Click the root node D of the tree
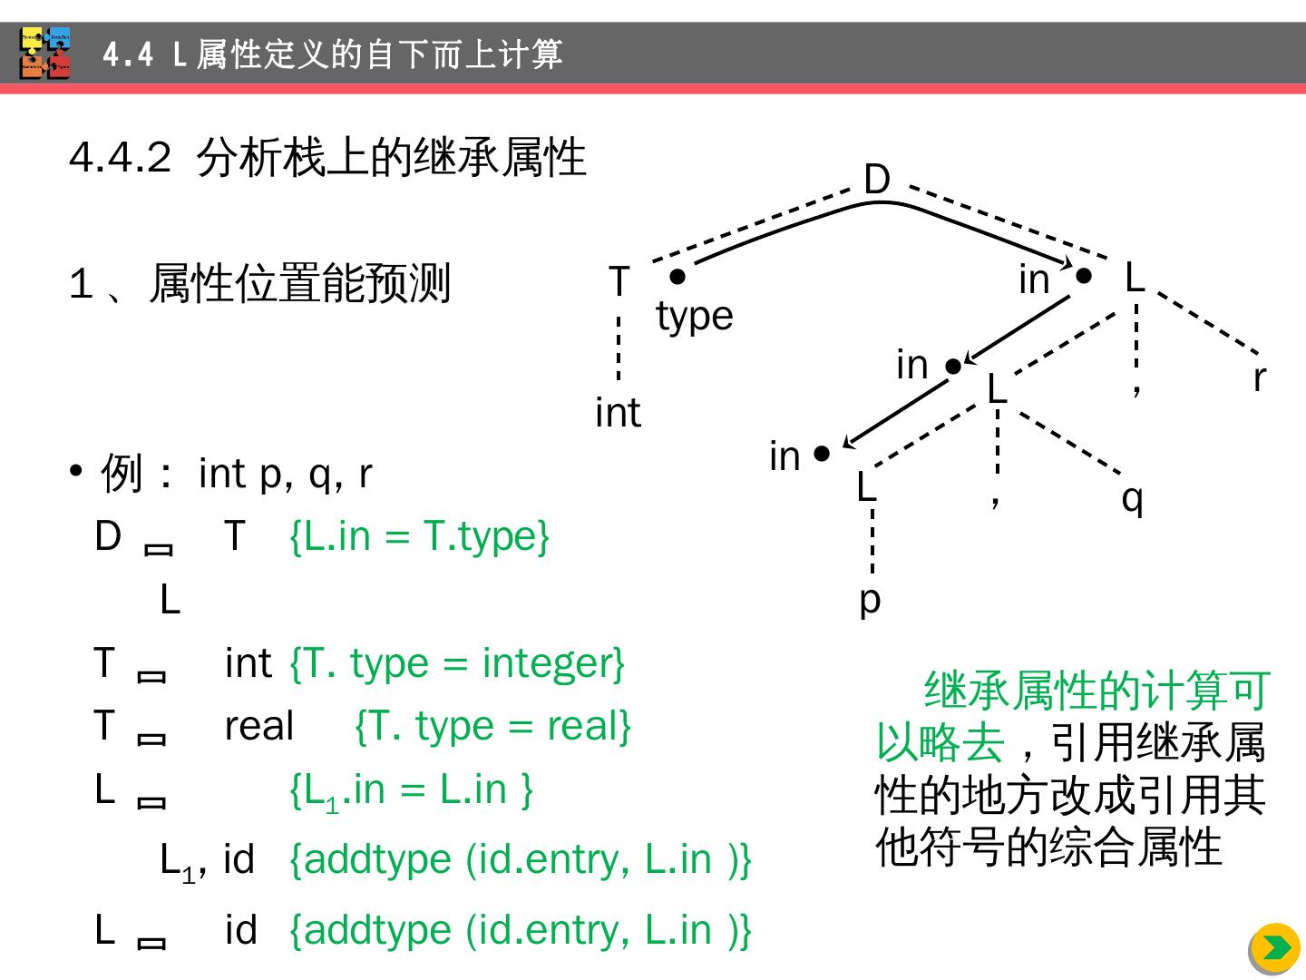click(876, 180)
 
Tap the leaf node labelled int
click(618, 413)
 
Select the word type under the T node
click(694, 317)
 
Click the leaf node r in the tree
click(1259, 378)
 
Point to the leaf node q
click(1132, 498)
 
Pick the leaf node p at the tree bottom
click(869, 600)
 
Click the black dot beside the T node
click(677, 276)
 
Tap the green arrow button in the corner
click(1276, 948)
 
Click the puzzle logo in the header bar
click(45, 54)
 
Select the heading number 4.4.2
click(120, 158)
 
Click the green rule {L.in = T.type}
click(419, 535)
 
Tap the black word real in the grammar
click(259, 726)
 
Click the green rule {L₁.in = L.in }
click(411, 789)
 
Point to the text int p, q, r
click(285, 473)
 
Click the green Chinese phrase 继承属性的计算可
click(1096, 691)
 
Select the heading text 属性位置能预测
click(299, 283)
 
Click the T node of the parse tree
click(619, 281)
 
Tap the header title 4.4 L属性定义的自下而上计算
click(333, 54)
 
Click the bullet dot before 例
click(76, 472)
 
